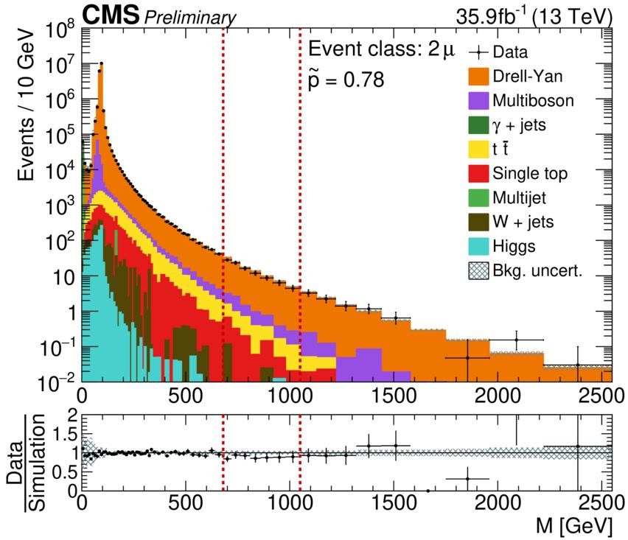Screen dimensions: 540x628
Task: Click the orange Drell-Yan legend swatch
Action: pyautogui.click(x=479, y=77)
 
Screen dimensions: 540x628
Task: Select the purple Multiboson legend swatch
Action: pyautogui.click(x=479, y=101)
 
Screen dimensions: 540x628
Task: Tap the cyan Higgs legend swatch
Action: pyautogui.click(x=479, y=247)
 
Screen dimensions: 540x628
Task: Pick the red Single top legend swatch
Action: pyautogui.click(x=479, y=174)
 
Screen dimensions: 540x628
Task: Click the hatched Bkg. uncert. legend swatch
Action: pyautogui.click(x=479, y=271)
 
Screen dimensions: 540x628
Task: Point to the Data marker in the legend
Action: pyautogui.click(x=479, y=52)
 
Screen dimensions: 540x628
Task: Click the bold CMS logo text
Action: pyautogui.click(x=110, y=14)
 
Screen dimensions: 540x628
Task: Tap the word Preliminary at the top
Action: pyautogui.click(x=189, y=17)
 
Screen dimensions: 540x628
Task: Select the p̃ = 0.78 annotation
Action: pyautogui.click(x=346, y=79)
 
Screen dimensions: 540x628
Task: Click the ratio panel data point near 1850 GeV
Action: pyautogui.click(x=467, y=479)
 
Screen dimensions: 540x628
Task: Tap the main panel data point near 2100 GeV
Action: pyautogui.click(x=516, y=340)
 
